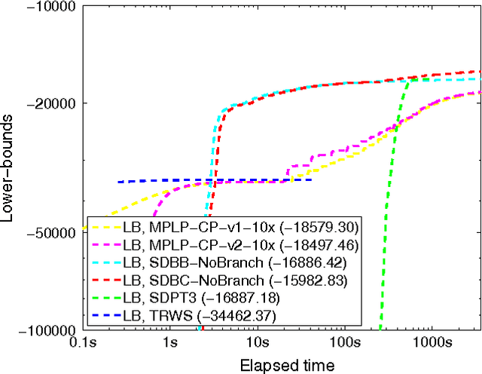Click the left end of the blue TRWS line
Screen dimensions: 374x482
pos(117,182)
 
